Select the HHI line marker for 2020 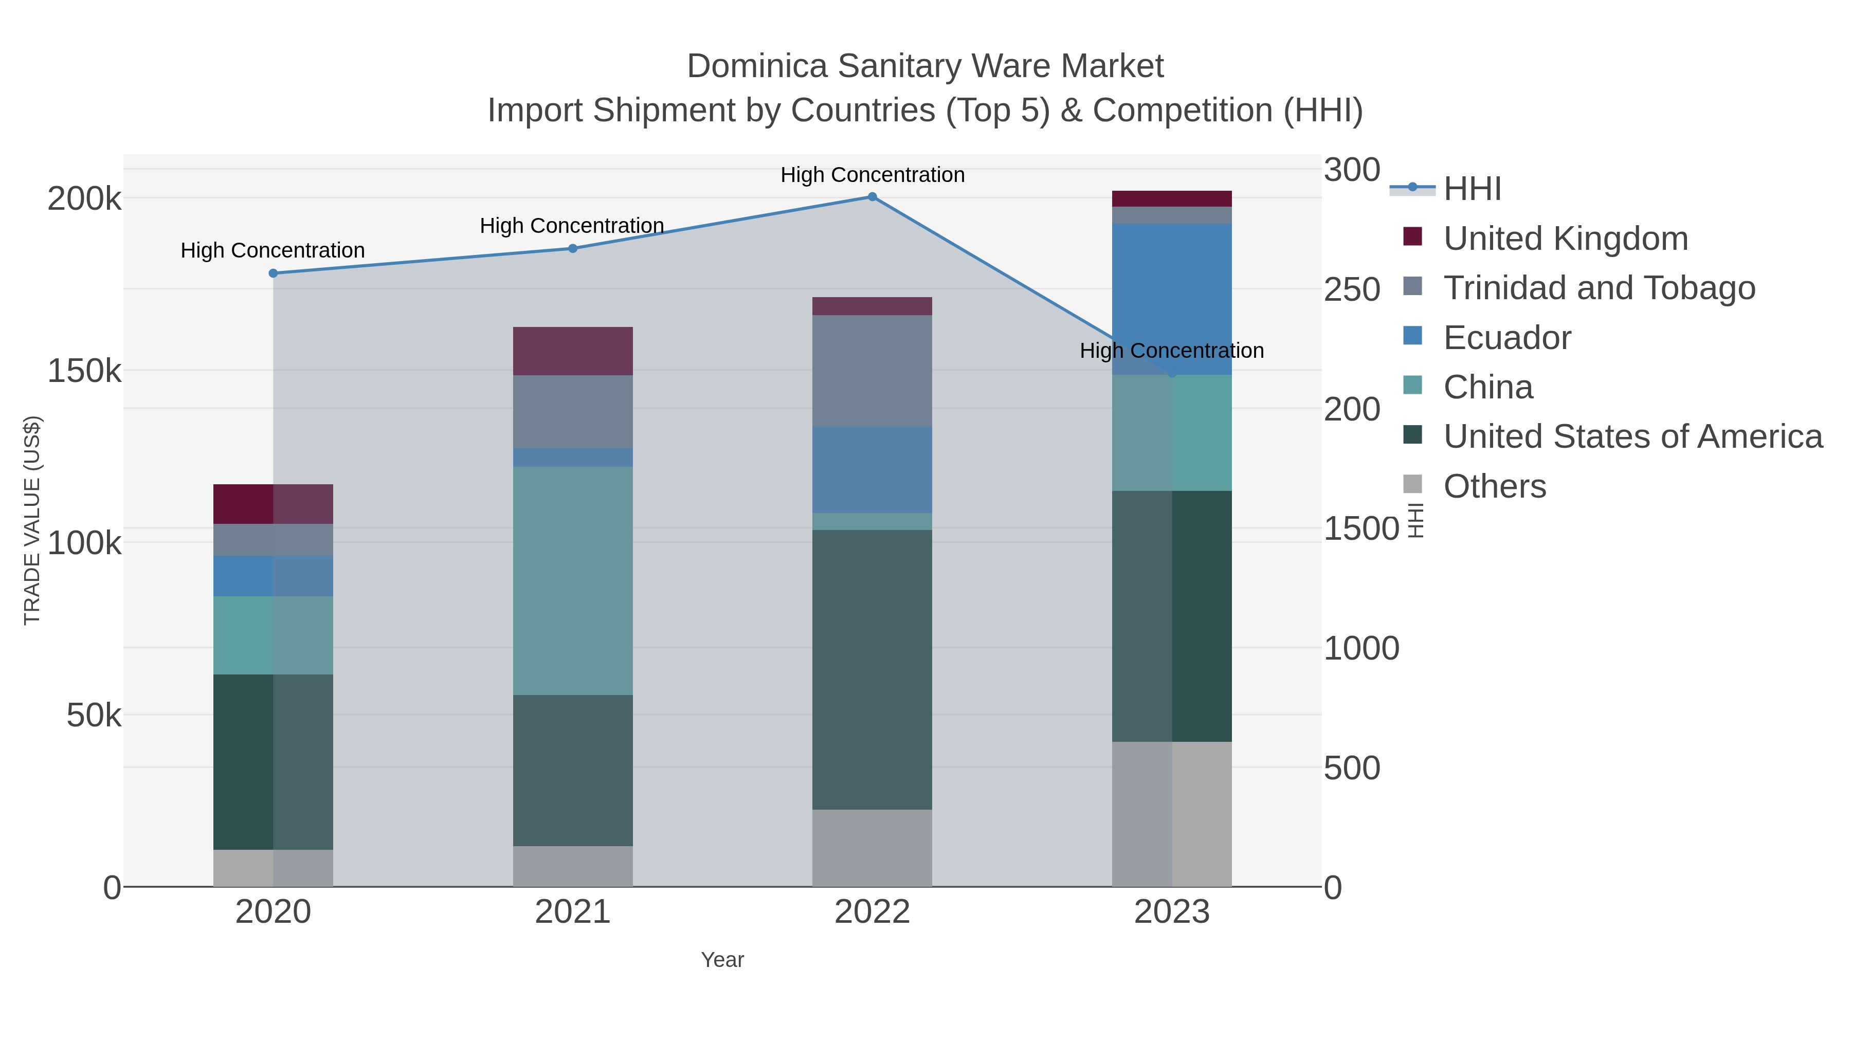coord(273,273)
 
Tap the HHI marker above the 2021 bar coord(573,249)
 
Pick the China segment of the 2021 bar coord(573,580)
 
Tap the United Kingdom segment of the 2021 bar coord(573,351)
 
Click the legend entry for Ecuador coord(1507,338)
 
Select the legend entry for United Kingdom coord(1565,239)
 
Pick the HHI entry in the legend coord(1472,189)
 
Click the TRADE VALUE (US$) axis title coord(32,520)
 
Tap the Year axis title coord(722,960)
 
